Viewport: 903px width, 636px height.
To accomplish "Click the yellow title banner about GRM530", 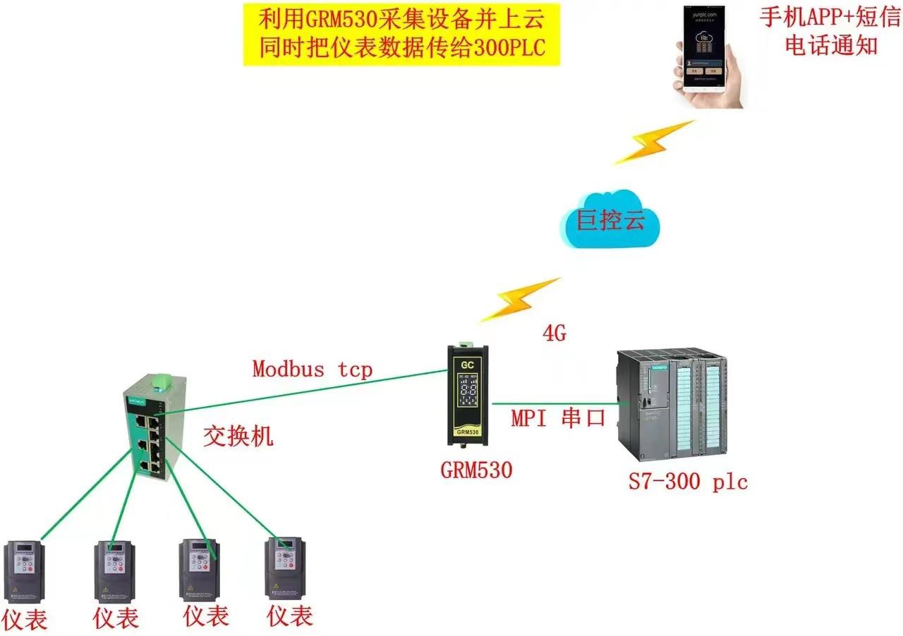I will point(401,34).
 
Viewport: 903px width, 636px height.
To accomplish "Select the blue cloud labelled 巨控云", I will point(612,221).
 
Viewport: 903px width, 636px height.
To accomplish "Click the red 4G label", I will point(554,334).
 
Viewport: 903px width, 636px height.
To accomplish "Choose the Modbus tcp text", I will point(312,368).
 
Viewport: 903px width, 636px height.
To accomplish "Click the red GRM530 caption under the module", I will point(476,470).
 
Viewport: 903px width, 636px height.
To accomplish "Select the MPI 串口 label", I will point(558,418).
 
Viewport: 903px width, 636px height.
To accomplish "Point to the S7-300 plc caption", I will point(688,483).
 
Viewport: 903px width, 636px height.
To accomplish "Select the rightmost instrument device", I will point(284,567).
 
